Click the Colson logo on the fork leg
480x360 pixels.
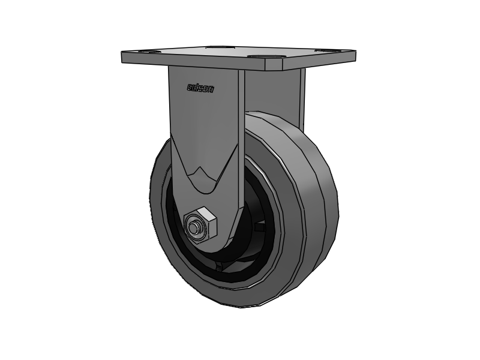(x=201, y=89)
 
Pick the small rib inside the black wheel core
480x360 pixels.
(x=259, y=228)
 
